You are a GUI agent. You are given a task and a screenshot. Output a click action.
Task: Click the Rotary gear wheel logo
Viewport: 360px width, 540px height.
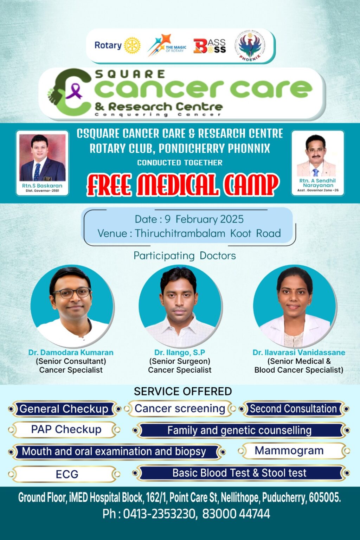(132, 45)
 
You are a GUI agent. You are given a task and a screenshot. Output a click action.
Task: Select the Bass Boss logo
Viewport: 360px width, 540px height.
(210, 46)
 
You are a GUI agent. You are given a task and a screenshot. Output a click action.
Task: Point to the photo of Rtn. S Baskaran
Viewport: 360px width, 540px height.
(43, 157)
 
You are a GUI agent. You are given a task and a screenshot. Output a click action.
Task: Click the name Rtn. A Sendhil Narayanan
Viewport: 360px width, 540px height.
(317, 183)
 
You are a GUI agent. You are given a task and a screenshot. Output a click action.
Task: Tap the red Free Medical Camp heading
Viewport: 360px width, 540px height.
(183, 185)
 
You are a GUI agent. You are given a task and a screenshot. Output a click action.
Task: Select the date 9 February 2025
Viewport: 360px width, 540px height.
(204, 219)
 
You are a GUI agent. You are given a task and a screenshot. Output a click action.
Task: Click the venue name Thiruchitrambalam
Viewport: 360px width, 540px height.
(180, 233)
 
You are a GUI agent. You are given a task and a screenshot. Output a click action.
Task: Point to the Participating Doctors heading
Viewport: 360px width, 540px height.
(185, 256)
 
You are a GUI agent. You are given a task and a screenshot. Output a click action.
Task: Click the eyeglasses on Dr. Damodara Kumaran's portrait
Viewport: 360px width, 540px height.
(72, 292)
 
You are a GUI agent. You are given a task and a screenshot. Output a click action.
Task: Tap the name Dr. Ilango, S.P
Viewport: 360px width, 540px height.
(180, 353)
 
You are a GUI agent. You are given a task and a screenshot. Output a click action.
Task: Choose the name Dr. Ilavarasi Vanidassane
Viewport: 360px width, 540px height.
(299, 353)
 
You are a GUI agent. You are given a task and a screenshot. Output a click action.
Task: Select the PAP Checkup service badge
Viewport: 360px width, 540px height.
(64, 430)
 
